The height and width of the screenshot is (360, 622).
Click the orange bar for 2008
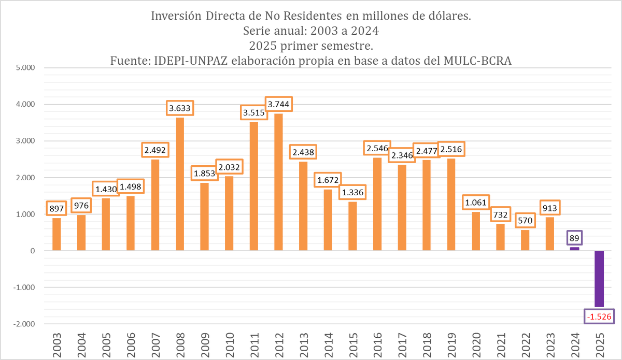[180, 184]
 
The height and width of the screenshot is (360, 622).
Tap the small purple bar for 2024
[574, 249]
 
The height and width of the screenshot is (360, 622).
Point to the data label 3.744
[278, 104]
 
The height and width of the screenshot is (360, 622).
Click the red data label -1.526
[599, 316]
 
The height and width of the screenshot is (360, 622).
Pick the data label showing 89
[574, 238]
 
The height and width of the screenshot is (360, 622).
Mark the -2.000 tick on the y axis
[21, 324]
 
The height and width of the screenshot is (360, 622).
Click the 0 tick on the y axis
[32, 251]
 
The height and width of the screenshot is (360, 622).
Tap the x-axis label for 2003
[57, 342]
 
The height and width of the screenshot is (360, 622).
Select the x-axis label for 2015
[353, 342]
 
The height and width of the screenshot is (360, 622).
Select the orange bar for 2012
[278, 182]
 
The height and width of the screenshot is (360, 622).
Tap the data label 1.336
[352, 193]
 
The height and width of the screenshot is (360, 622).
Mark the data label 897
[56, 208]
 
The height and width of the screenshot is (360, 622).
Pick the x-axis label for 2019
[451, 342]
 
